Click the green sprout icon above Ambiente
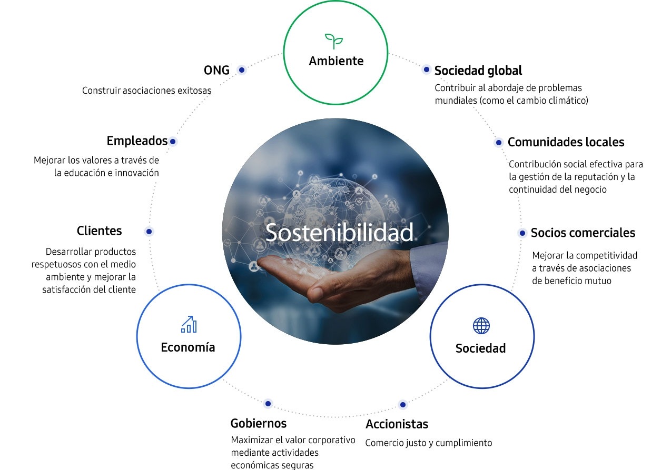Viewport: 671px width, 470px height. click(x=334, y=41)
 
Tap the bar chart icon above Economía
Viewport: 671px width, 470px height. click(x=189, y=324)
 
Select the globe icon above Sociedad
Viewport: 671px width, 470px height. click(x=481, y=326)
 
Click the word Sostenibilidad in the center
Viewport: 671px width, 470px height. click(x=339, y=232)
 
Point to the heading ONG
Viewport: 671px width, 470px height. click(x=216, y=71)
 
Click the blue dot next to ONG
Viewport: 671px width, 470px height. click(x=242, y=70)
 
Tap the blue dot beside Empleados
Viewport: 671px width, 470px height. click(x=173, y=142)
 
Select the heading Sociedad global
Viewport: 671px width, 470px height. click(x=478, y=71)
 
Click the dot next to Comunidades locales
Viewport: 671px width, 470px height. click(x=499, y=143)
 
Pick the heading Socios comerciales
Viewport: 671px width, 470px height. click(x=583, y=233)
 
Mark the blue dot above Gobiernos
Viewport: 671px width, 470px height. click(x=268, y=404)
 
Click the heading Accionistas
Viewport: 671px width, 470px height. click(x=397, y=424)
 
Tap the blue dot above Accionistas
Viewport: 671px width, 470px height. click(x=403, y=405)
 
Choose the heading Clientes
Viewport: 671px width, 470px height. click(x=99, y=231)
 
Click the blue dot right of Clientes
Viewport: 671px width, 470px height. click(x=149, y=232)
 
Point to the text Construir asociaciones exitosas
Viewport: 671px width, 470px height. click(x=147, y=91)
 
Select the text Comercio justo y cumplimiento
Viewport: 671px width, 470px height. click(x=428, y=443)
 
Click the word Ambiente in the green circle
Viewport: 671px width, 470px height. click(x=336, y=61)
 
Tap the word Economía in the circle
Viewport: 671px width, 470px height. click(x=188, y=347)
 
